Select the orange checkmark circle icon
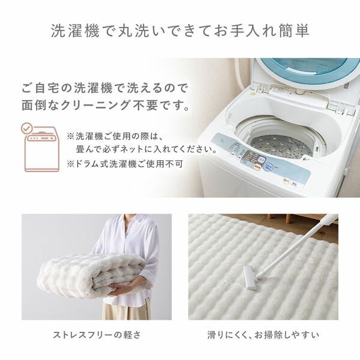(27, 129)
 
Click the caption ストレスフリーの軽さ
(96, 334)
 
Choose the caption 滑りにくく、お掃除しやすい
(263, 334)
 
